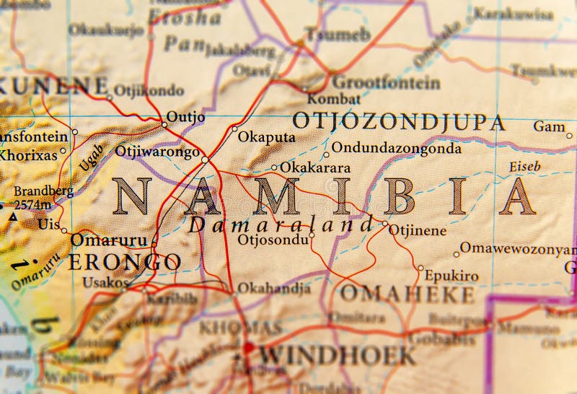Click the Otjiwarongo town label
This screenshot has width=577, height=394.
[157, 152]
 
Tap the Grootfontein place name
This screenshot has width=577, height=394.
[386, 82]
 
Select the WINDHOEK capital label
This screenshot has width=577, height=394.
[338, 355]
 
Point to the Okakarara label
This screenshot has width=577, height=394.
[315, 167]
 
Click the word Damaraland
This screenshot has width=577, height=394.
[281, 224]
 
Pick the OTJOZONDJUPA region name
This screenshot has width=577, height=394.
[398, 121]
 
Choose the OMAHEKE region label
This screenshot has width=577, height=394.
[407, 294]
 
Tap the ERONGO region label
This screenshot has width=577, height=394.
[123, 262]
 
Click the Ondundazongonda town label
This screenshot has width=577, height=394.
[396, 149]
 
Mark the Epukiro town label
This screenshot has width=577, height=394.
[452, 276]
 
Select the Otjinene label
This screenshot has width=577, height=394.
[418, 231]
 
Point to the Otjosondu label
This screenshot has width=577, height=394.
[273, 239]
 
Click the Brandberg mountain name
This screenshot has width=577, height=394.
[43, 191]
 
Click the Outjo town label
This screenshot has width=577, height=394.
[185, 116]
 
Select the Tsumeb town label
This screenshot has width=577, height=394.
[337, 33]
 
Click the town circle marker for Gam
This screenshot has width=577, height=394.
[569, 135]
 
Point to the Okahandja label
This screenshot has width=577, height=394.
[274, 288]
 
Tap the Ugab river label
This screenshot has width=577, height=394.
[92, 157]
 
